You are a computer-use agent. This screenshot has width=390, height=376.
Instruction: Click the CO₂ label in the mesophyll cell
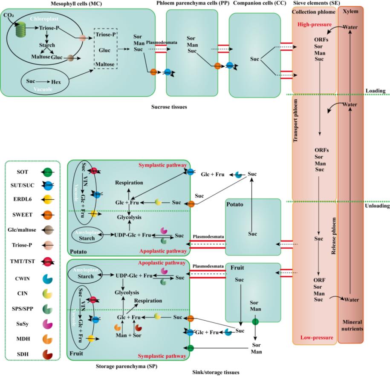click(x=7, y=15)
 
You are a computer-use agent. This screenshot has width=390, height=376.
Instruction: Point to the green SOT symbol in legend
click(x=49, y=172)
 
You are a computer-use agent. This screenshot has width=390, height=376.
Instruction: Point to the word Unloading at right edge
click(x=378, y=206)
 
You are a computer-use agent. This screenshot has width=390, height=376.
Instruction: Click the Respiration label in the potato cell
click(x=128, y=183)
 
